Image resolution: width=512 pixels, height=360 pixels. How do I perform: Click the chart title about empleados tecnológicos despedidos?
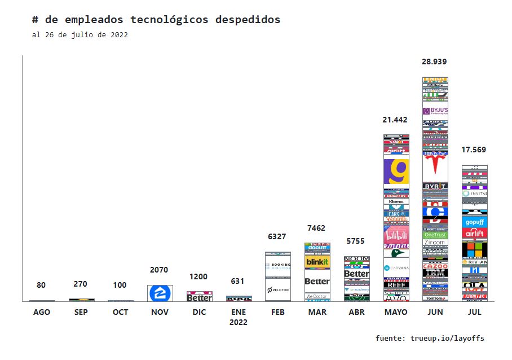156,20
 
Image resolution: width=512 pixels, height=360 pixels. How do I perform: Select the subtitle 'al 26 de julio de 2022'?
80,35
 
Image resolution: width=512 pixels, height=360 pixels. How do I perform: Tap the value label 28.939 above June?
435,62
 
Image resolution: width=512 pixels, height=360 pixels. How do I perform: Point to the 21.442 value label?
395,120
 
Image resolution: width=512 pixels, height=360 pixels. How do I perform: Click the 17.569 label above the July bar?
474,150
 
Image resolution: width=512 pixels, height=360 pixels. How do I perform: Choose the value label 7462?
317,228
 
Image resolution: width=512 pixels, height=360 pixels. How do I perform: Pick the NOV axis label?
160,312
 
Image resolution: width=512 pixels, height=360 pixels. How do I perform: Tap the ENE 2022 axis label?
239,317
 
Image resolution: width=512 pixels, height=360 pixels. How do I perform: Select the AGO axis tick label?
42,312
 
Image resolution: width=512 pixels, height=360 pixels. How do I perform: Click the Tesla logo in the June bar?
435,164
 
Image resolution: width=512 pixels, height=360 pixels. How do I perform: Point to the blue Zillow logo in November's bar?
160,293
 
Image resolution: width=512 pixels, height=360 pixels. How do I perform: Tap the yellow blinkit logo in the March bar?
317,262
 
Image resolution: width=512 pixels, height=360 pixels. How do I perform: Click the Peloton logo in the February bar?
278,289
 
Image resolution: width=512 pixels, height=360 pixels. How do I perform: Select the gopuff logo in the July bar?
474,222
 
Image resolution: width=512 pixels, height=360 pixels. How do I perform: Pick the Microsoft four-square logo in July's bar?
474,248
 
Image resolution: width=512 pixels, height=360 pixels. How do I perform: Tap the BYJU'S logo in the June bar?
435,111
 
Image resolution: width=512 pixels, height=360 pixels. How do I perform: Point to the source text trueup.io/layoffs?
430,339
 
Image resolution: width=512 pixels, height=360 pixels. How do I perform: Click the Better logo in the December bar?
199,297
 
